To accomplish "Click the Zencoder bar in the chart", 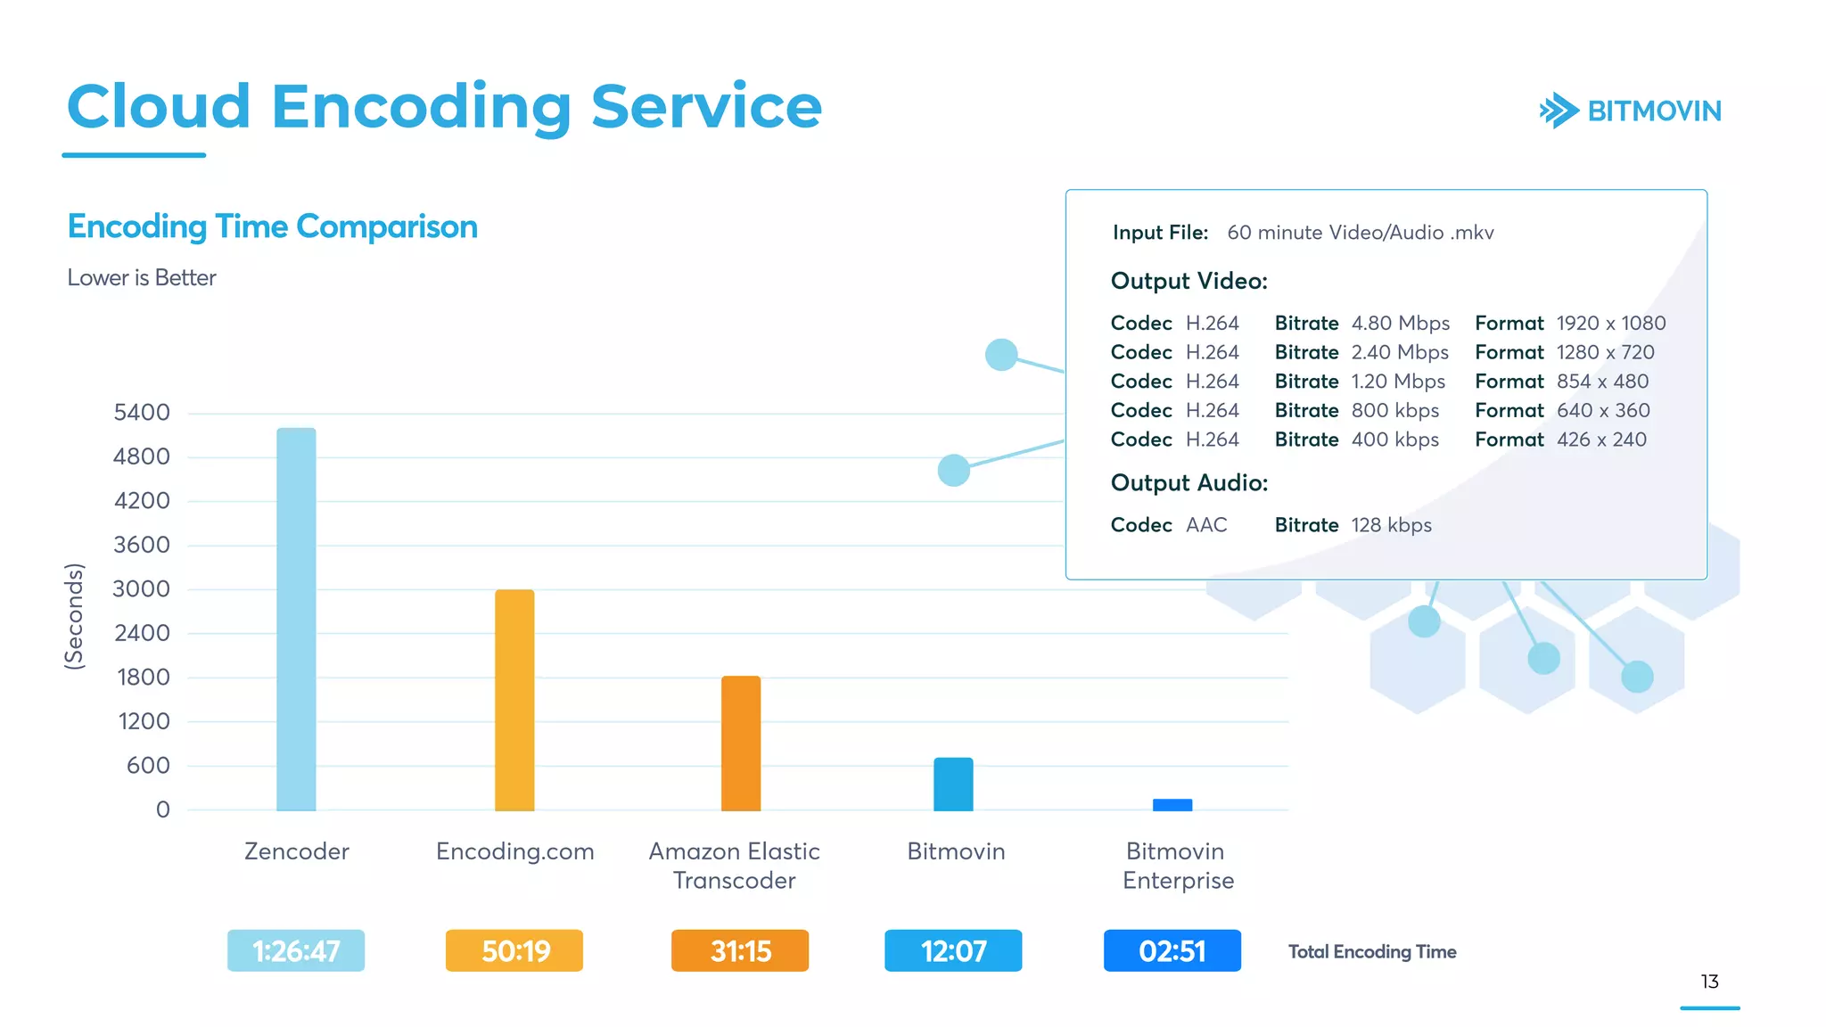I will coord(296,619).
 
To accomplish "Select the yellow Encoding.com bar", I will coord(514,700).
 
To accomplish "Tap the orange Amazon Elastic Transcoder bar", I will coord(741,743).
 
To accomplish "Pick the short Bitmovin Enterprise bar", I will coord(1172,805).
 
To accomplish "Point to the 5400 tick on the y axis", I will coord(142,413).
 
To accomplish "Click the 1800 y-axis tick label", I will coord(144,678).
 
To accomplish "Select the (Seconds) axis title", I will coord(74,616).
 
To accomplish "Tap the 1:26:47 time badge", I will coord(296,951).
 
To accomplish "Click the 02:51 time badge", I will coord(1172,951).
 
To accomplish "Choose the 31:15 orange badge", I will coord(740,951).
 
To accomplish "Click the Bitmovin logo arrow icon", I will coord(1559,111).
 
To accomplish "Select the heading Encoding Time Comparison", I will coord(273,226).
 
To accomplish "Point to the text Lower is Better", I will coord(142,277).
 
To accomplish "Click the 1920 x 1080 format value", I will coord(1611,323).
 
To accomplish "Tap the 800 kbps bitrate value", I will coord(1395,410).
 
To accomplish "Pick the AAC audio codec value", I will coord(1206,525).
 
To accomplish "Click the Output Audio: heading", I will coord(1189,482).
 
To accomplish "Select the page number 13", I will coord(1709,982).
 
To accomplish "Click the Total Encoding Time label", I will coord(1372,952).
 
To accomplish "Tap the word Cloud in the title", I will coord(159,106).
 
